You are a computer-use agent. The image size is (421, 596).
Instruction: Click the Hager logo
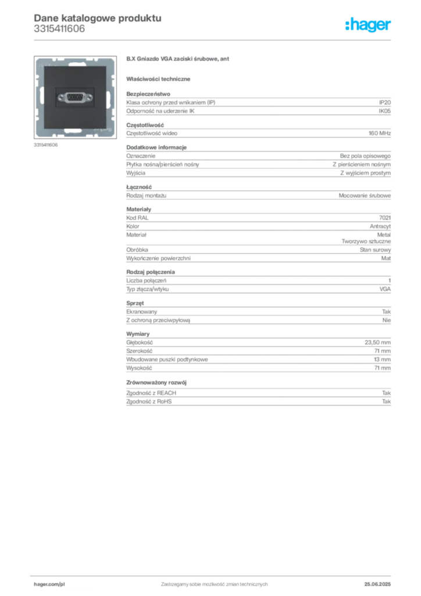click(368, 24)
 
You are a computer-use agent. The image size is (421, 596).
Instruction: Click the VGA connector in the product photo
click(75, 98)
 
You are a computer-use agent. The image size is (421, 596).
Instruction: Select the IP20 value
click(384, 102)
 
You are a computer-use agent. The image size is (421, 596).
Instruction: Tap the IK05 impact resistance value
click(384, 111)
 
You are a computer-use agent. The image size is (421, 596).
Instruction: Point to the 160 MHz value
click(380, 133)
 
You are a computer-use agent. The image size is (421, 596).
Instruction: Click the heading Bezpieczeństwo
click(148, 94)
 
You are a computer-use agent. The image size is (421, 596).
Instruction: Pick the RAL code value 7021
click(384, 218)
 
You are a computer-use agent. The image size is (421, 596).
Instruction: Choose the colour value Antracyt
click(380, 226)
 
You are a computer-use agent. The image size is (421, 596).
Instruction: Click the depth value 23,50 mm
click(377, 342)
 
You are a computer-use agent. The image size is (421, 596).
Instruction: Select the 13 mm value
click(382, 360)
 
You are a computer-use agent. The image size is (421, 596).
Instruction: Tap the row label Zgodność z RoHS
click(149, 402)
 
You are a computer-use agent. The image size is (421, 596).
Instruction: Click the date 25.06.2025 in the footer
click(377, 584)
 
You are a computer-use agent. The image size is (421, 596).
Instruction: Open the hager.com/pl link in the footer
click(49, 584)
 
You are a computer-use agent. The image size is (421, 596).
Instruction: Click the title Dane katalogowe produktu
click(98, 18)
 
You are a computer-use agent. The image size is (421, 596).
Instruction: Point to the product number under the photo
click(45, 145)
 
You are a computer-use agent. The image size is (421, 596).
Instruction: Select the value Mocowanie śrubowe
click(365, 196)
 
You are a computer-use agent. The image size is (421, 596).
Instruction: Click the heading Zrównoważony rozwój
click(156, 382)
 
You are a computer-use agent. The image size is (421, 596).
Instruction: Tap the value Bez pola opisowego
click(365, 156)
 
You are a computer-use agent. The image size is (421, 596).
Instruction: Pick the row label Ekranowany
click(142, 312)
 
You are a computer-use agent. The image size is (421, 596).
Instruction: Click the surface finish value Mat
click(386, 258)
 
